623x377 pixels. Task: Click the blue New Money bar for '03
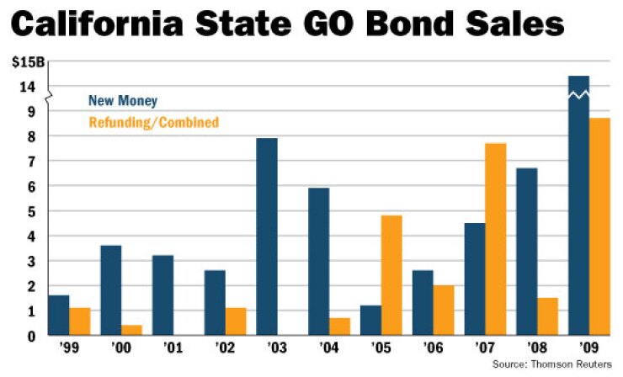click(266, 236)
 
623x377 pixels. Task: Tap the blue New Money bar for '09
click(578, 206)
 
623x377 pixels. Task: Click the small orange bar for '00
click(132, 330)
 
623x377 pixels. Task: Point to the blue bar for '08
click(527, 252)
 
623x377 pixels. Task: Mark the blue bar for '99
click(58, 316)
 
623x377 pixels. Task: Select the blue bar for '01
click(163, 295)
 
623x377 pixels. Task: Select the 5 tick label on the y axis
click(30, 211)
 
